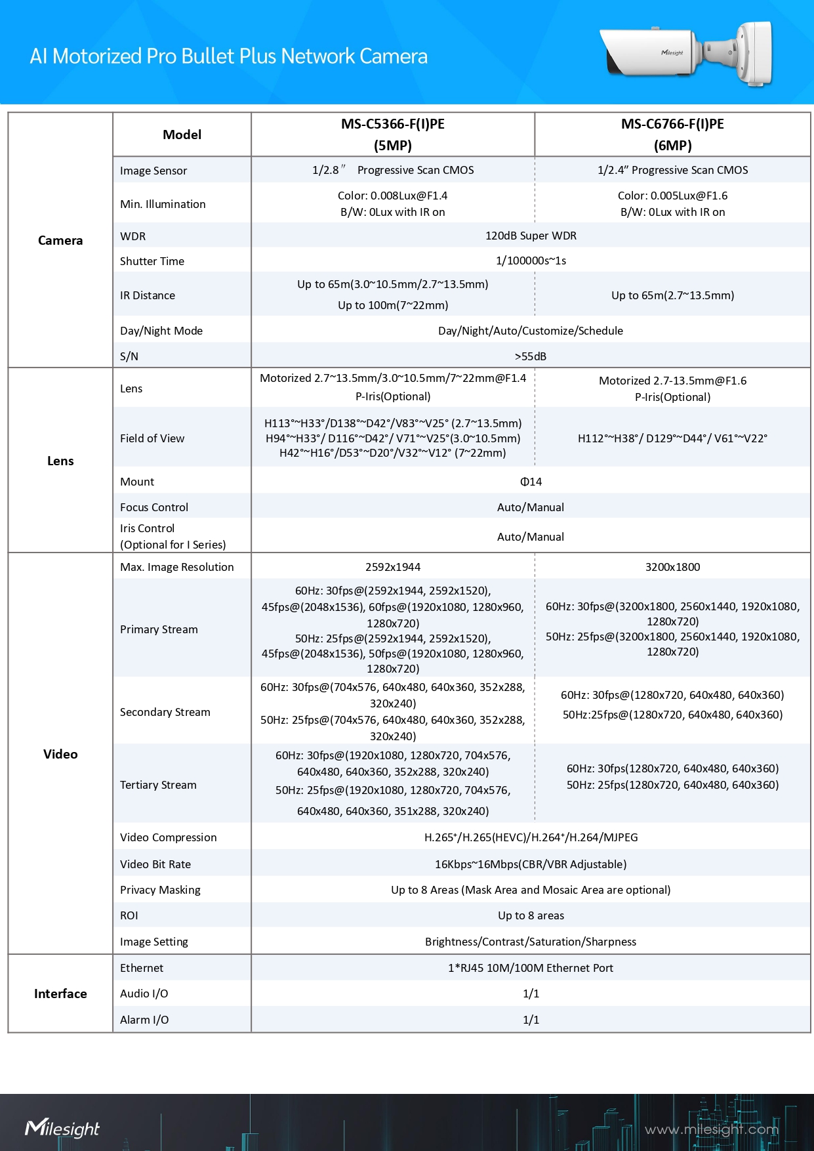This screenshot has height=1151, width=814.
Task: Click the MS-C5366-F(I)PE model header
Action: (392, 134)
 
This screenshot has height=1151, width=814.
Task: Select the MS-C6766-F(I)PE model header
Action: (672, 134)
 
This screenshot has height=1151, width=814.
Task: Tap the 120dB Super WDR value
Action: (531, 236)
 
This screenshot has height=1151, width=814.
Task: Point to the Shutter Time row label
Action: (152, 261)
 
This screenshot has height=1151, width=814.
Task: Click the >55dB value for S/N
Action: (531, 356)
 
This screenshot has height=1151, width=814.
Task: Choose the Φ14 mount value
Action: (531, 482)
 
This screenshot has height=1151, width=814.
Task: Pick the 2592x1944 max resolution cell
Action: (393, 567)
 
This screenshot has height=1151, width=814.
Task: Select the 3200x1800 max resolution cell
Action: (672, 567)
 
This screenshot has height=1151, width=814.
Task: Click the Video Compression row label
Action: (168, 837)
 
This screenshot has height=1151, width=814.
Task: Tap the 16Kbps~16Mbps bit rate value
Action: (531, 864)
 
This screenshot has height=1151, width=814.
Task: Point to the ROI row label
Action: (129, 915)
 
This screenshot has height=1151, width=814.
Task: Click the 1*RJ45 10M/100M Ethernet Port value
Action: (531, 968)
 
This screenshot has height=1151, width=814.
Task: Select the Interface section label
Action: (60, 994)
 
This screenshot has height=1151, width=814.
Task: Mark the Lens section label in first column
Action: (60, 461)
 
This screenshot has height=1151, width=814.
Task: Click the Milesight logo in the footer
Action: (62, 1128)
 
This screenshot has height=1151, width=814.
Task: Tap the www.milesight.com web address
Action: (711, 1129)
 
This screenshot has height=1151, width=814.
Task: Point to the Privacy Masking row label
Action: (160, 890)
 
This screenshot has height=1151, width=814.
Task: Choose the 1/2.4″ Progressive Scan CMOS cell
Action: (672, 170)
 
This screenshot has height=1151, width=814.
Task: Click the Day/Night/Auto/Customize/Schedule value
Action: (531, 331)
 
